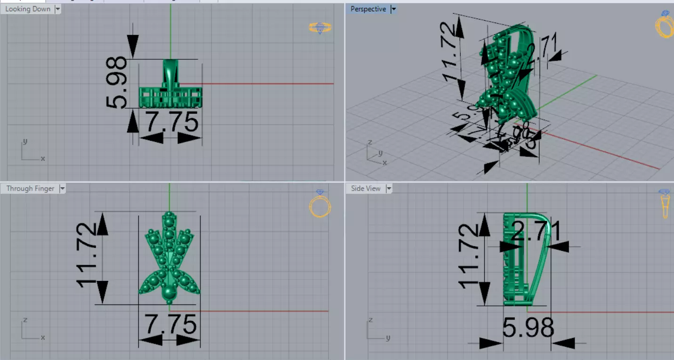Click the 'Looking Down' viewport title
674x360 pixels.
27,9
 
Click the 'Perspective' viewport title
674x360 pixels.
368,9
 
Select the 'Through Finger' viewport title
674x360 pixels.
30,189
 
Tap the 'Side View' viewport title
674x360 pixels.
366,189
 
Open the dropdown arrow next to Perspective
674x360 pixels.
394,9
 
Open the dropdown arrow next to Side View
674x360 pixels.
389,189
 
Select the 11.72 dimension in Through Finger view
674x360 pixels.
88,255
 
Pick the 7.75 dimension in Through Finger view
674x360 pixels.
170,325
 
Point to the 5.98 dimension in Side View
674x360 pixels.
528,328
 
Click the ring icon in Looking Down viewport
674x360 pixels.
320,28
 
